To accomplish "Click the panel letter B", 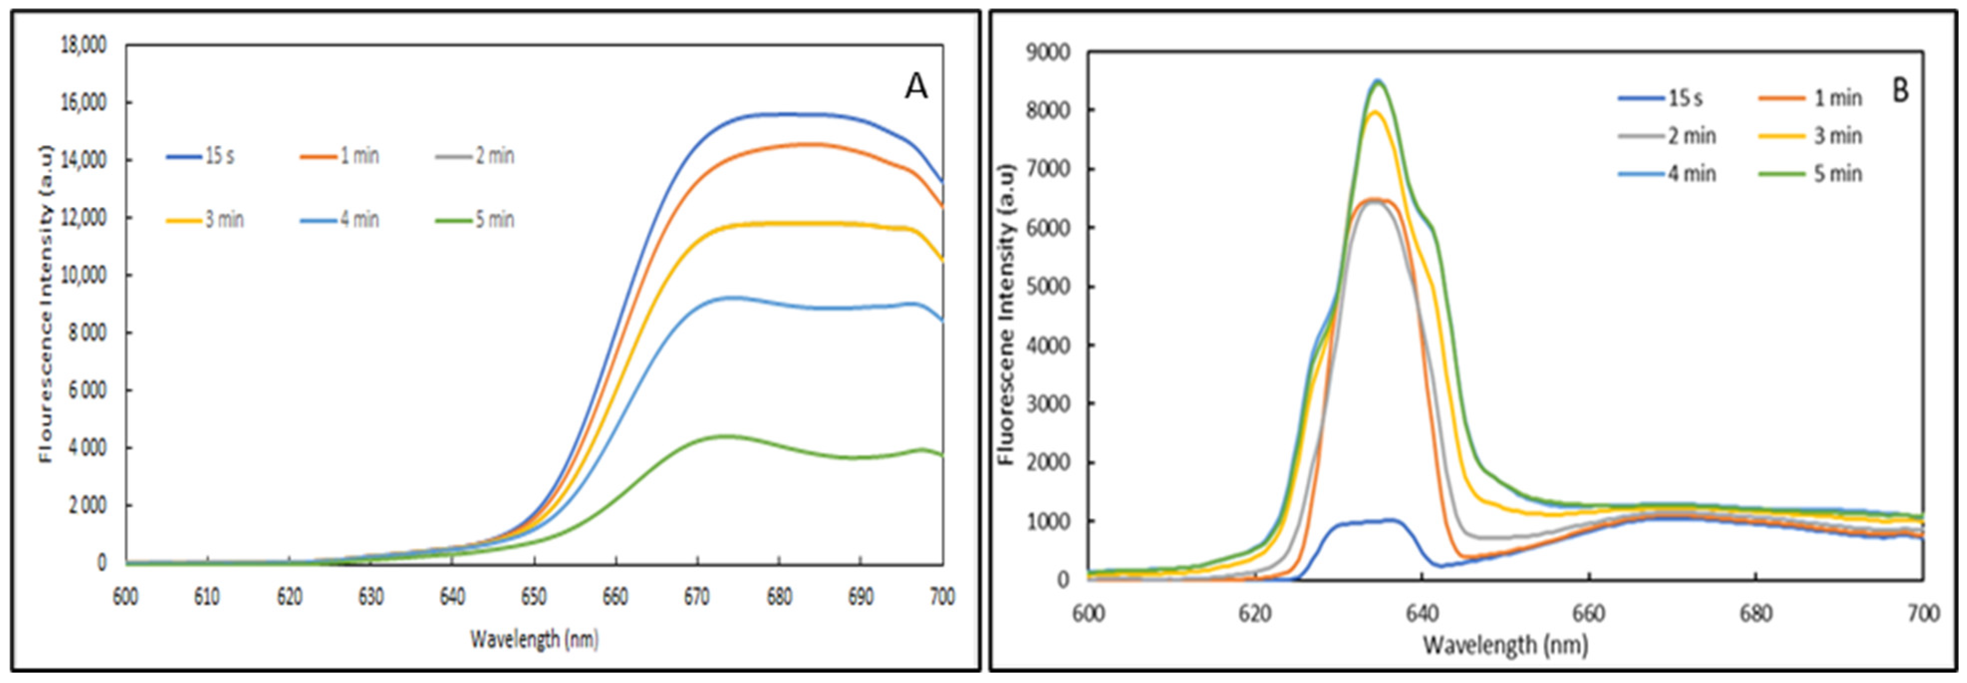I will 1899,91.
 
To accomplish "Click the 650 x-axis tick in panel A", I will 534,597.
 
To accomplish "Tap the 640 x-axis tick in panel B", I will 1422,614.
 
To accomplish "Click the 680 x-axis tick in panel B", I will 1755,614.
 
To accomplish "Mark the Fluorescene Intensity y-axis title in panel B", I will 1006,313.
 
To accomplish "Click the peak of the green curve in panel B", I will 1378,83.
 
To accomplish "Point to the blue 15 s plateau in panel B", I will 1367,522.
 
